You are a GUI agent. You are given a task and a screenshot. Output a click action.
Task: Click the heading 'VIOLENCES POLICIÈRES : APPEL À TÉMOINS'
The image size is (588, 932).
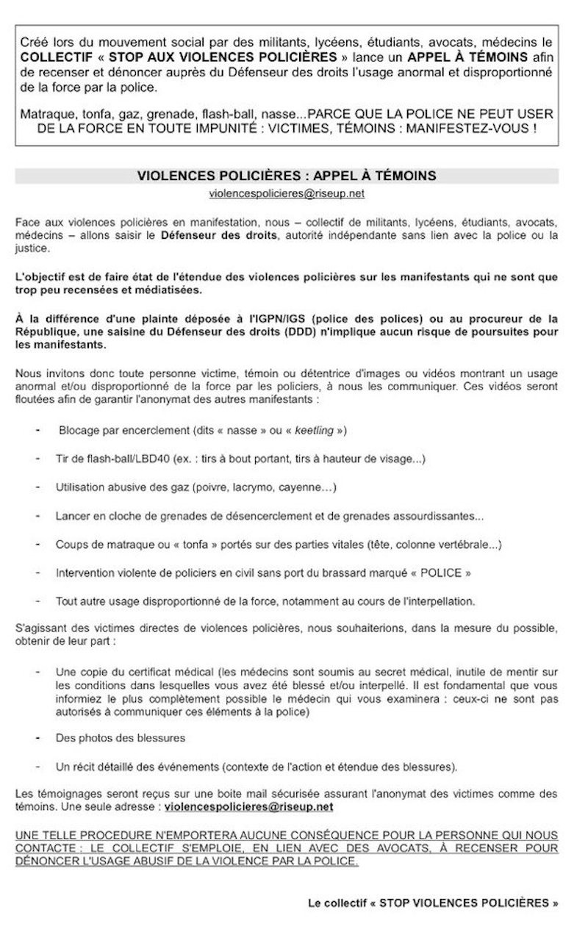[286, 176]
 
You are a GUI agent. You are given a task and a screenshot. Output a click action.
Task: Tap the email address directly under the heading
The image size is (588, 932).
[286, 193]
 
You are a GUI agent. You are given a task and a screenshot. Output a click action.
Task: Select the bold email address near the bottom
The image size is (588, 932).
[249, 806]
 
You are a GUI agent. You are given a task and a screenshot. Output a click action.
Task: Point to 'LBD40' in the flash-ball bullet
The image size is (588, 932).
[151, 459]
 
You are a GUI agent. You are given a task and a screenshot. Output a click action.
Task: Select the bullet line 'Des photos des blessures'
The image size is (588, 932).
[121, 737]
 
